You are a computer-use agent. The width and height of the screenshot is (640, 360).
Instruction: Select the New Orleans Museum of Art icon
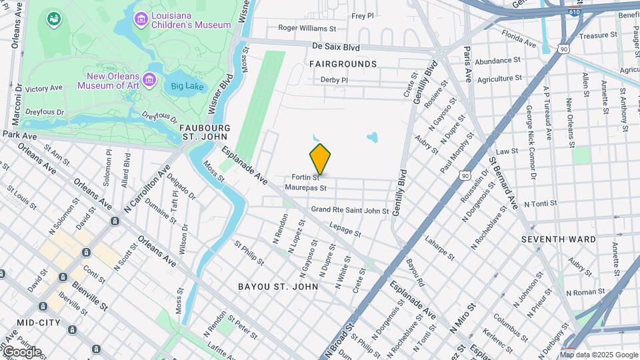point(149,81)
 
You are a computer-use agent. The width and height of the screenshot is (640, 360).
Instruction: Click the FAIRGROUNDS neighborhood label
point(343,64)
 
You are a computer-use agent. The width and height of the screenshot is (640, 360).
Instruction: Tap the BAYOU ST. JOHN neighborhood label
point(278,286)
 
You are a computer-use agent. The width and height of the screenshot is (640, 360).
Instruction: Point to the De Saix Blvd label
point(336,47)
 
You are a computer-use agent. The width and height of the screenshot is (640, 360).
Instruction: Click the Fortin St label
point(306,177)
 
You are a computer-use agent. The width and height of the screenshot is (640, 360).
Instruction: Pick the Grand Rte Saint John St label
point(350,211)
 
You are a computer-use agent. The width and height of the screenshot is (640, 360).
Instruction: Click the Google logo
point(21,352)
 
